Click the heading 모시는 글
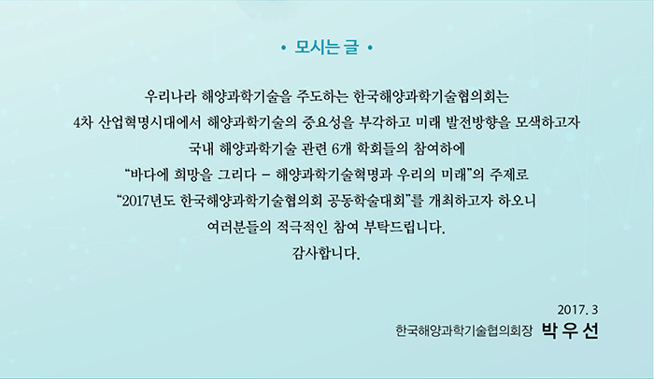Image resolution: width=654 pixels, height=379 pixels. pyautogui.click(x=326, y=48)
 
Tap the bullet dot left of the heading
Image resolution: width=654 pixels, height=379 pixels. pyautogui.click(x=284, y=49)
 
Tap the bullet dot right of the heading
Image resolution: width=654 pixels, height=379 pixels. pyautogui.click(x=370, y=49)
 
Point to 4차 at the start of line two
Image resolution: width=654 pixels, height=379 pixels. pyautogui.click(x=82, y=123)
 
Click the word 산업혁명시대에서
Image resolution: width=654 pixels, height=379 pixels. pyautogui.click(x=149, y=123)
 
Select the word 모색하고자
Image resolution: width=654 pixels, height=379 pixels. pyautogui.click(x=547, y=123)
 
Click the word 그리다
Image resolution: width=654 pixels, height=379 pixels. pyautogui.click(x=236, y=175)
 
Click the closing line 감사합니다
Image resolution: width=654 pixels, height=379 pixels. pyautogui.click(x=326, y=254)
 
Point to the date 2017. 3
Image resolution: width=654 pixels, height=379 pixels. pyautogui.click(x=577, y=310)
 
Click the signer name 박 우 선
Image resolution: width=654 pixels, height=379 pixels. pyautogui.click(x=570, y=331)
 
